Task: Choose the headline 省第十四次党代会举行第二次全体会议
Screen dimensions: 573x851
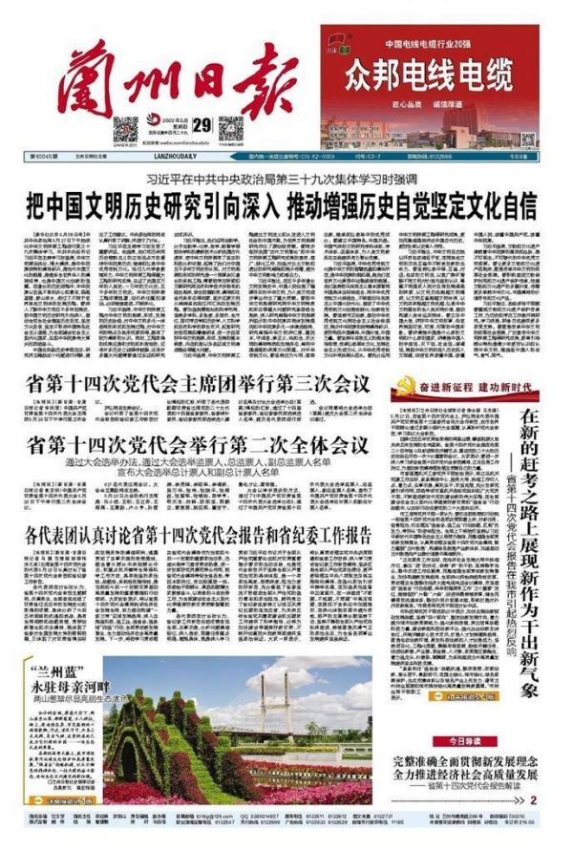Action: click(198, 444)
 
